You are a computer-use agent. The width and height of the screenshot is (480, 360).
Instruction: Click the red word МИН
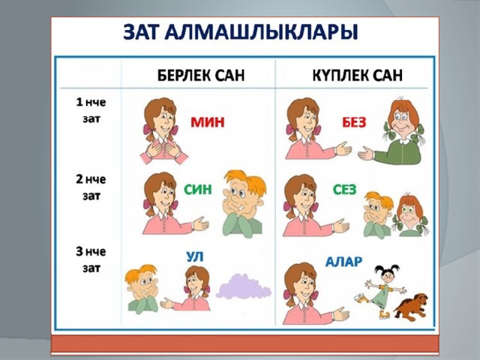(x=207, y=122)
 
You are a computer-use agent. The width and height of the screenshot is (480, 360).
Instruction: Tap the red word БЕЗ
(x=354, y=123)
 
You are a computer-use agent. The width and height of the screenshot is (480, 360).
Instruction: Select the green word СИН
(x=198, y=190)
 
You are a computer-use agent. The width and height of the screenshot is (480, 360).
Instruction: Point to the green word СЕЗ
(x=345, y=190)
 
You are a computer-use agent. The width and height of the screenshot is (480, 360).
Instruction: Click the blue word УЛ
(x=195, y=256)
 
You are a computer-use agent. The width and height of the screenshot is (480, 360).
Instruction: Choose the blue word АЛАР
(x=343, y=262)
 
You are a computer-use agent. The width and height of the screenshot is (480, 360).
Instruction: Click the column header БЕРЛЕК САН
(x=201, y=75)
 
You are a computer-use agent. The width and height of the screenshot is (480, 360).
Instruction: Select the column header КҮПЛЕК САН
(x=357, y=75)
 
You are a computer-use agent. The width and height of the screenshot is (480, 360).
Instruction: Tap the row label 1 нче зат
(x=91, y=110)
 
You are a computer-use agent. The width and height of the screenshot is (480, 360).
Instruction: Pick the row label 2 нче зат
(x=91, y=187)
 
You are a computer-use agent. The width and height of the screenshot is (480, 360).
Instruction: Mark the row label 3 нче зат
(x=91, y=260)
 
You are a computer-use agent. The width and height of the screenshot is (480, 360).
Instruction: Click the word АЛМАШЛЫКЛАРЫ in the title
(x=262, y=32)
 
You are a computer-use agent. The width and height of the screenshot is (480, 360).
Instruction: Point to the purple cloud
(x=243, y=286)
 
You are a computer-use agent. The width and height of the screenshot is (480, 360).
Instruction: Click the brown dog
(x=411, y=306)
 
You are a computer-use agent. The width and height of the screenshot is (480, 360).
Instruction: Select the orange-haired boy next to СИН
(x=244, y=204)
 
